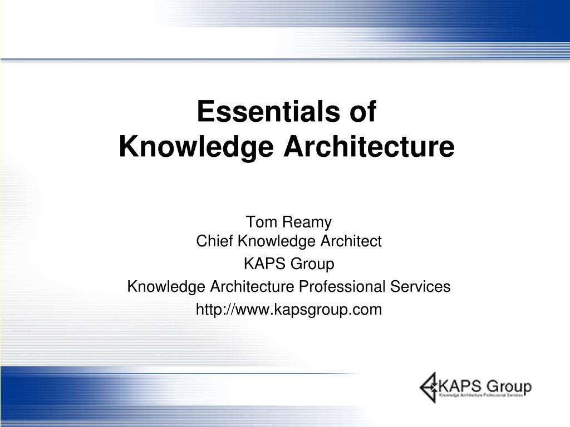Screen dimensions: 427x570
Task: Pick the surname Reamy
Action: point(307,222)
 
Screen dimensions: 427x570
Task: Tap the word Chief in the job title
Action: point(215,241)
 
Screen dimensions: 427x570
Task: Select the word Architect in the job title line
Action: point(350,241)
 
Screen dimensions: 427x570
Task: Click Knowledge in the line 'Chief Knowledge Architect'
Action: point(276,241)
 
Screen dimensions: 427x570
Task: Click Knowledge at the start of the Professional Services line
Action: point(166,287)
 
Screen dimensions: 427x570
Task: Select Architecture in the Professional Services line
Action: point(252,287)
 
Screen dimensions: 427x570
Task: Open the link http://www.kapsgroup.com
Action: point(289,310)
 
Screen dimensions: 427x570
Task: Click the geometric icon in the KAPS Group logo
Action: point(429,386)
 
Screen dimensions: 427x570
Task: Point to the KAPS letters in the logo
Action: point(459,385)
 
